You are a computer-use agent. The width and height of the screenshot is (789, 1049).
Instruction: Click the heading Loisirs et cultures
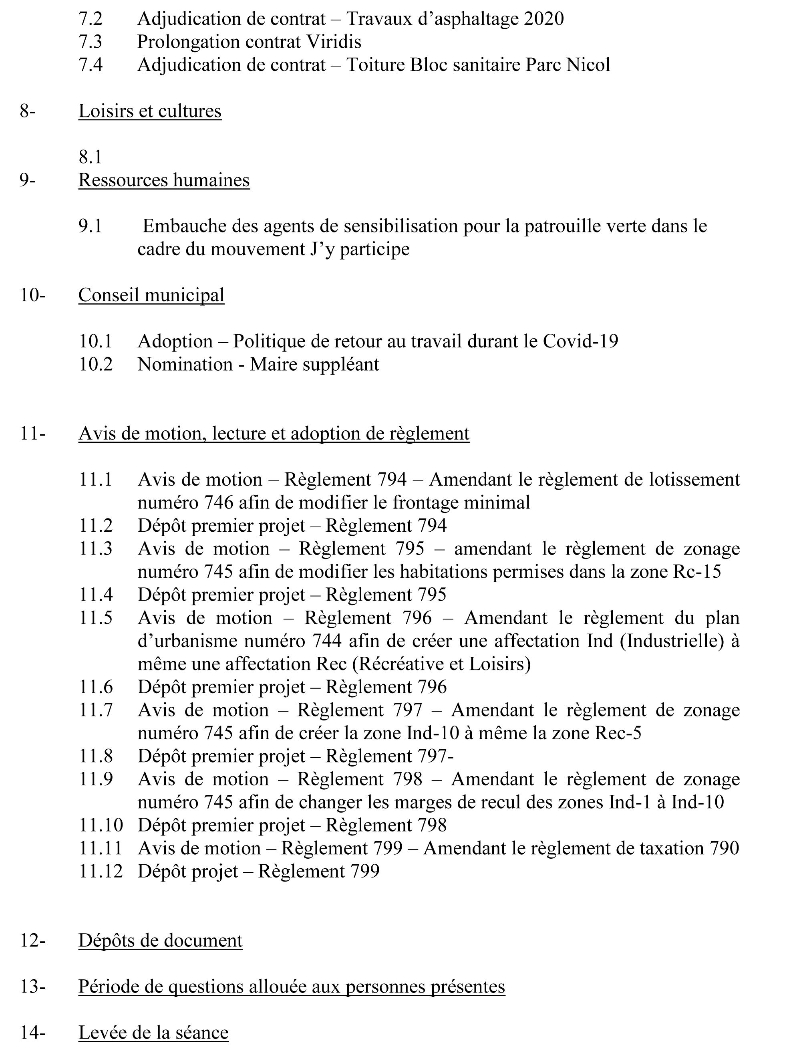pos(150,111)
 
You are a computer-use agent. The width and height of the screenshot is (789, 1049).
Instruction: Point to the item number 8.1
pos(91,157)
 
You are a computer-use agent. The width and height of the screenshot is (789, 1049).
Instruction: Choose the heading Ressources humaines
pos(164,180)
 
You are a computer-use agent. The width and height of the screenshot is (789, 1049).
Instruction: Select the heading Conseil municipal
pos(151,295)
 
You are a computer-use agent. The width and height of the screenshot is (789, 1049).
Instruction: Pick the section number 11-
pos(33,434)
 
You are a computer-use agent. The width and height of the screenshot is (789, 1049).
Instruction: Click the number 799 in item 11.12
pos(365,871)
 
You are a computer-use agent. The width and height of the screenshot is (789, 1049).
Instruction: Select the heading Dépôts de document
pos(160,940)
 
